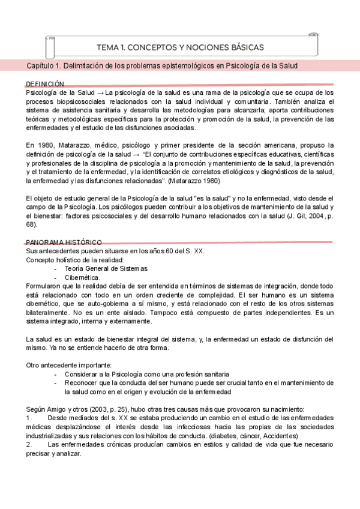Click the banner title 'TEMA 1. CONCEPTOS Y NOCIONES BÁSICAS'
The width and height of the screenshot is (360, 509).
coord(179,47)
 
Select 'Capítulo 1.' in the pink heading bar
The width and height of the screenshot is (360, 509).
coord(47,65)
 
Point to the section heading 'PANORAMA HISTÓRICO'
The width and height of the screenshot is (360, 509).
coord(64,241)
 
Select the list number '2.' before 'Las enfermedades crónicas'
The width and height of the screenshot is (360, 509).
coord(29,445)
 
